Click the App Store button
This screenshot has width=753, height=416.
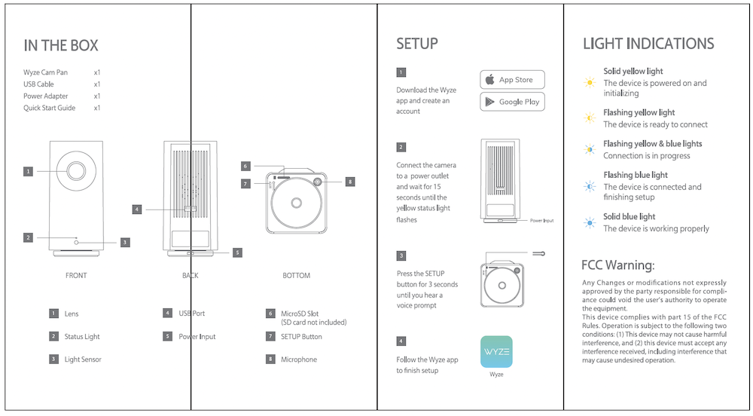[512, 80]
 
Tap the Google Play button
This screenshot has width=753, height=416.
[512, 102]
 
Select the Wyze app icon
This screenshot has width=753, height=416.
[496, 351]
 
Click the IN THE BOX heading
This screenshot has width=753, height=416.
[61, 46]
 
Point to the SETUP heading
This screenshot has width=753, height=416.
[417, 44]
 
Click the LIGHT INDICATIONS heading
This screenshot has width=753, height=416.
[648, 44]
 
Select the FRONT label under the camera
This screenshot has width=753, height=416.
[76, 276]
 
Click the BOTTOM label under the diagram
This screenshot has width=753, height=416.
[296, 276]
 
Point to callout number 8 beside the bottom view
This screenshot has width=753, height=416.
[349, 182]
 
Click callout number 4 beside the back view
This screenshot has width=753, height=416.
[136, 210]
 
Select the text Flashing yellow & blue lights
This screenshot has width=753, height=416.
[652, 143]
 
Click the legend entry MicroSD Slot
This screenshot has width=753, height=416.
[300, 314]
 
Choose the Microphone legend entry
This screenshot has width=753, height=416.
[299, 359]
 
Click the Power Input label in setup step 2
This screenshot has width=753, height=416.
[541, 221]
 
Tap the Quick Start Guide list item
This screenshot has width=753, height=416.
[50, 108]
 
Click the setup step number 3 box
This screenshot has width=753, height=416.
[401, 255]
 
